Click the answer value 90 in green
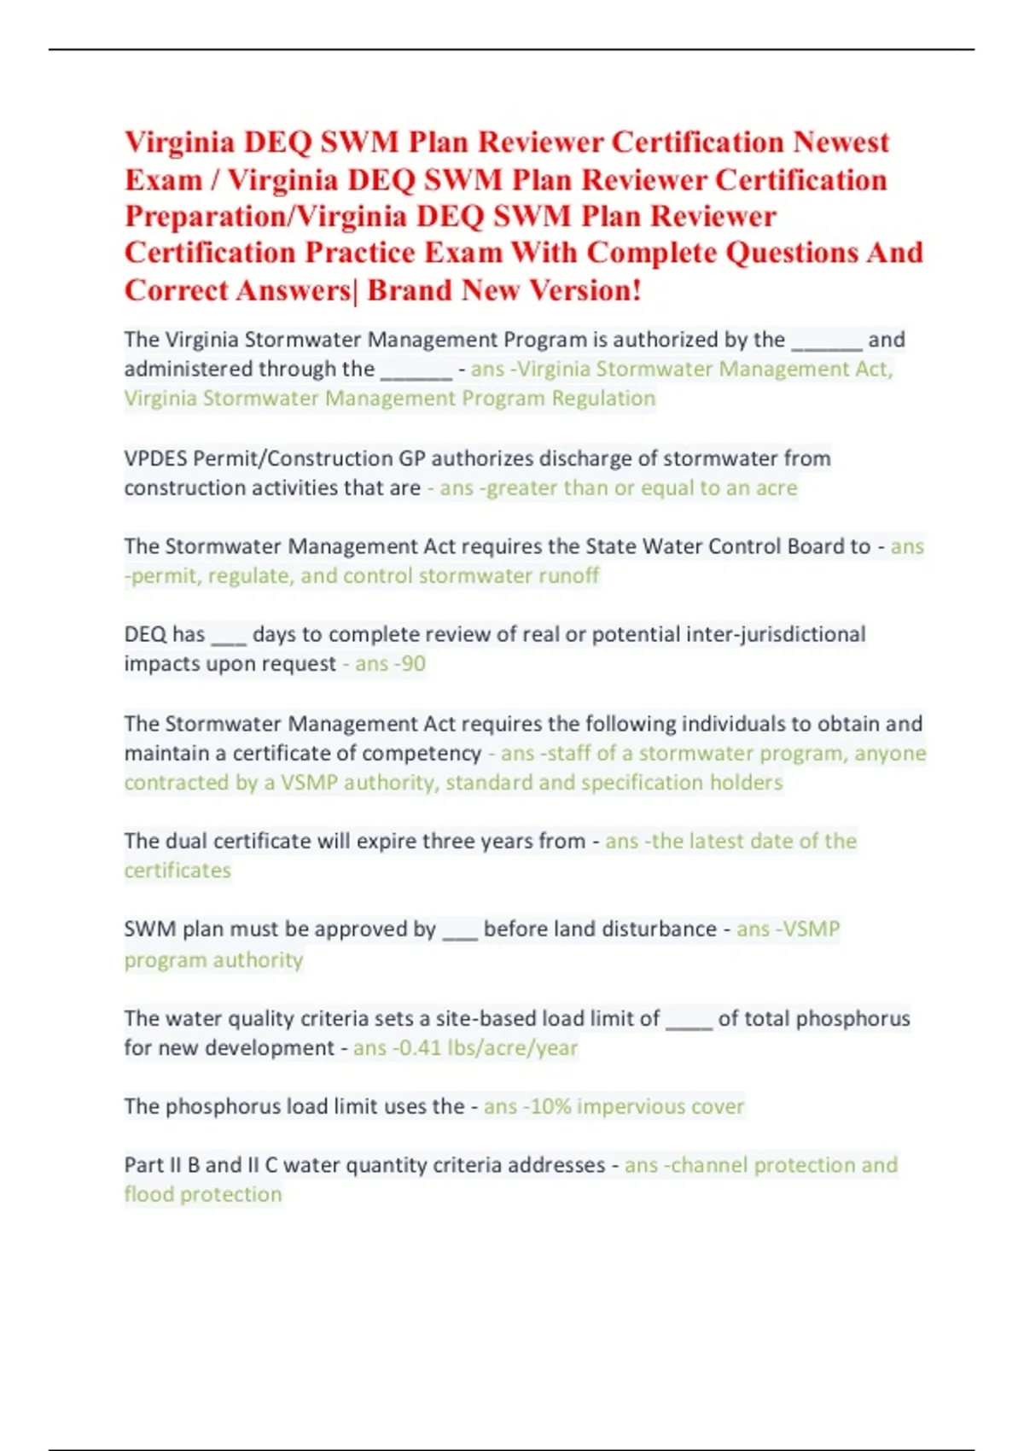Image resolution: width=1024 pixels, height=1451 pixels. (x=413, y=664)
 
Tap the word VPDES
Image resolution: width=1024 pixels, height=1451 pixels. (x=155, y=459)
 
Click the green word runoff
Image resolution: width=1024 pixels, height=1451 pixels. (x=568, y=576)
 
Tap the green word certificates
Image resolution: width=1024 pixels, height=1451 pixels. (x=177, y=871)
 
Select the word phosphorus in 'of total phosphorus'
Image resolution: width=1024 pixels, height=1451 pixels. (x=856, y=1019)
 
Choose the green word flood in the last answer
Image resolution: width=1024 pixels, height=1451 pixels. (x=148, y=1195)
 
